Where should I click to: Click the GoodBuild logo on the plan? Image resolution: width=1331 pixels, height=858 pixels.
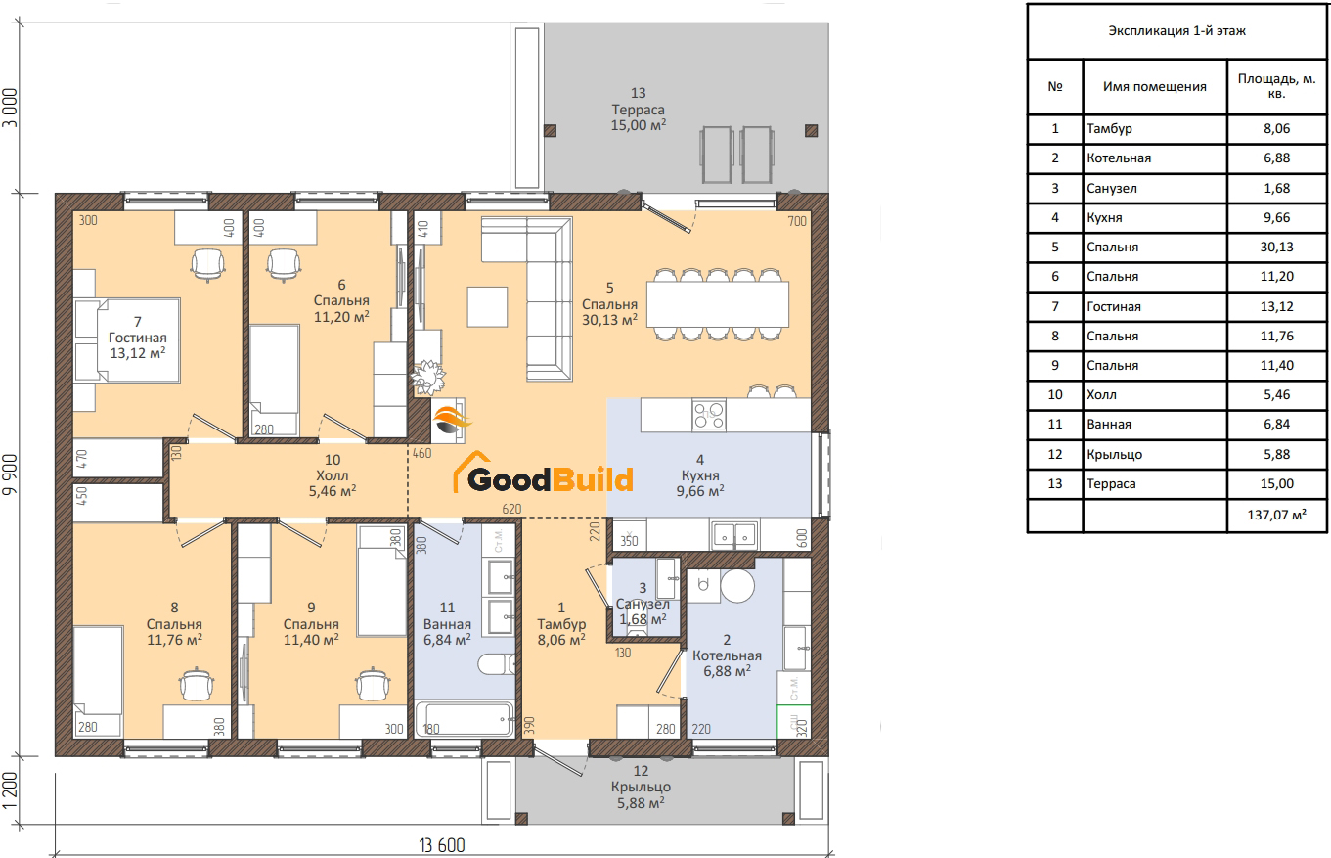[543, 474]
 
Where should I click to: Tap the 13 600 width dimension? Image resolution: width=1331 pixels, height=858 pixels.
[441, 845]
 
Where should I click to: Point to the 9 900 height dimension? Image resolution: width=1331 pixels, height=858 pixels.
[10, 474]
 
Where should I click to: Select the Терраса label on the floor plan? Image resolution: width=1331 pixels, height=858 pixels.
[639, 110]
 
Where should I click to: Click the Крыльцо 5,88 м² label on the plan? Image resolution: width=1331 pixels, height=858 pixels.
[640, 787]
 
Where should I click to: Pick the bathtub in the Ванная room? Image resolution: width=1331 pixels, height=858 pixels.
[465, 719]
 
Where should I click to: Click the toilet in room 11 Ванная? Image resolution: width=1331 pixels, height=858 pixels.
[496, 664]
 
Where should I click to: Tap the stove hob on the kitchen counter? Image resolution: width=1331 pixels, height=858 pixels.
[709, 415]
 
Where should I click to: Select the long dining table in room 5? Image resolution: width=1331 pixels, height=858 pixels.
[718, 304]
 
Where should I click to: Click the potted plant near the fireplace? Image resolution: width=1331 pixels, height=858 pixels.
[427, 377]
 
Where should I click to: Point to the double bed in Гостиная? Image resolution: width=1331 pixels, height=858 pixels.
[126, 339]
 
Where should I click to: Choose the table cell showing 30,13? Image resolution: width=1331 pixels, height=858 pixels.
[1276, 247]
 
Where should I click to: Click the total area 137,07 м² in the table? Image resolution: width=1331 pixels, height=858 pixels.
[1276, 515]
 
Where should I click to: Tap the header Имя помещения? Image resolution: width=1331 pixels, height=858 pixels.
[1155, 87]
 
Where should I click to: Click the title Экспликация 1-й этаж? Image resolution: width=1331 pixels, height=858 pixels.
[1176, 31]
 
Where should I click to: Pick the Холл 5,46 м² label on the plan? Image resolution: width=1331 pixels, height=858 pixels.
[333, 475]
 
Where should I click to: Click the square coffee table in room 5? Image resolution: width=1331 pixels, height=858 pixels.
[487, 307]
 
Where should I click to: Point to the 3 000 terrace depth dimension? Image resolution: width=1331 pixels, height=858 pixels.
[10, 109]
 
